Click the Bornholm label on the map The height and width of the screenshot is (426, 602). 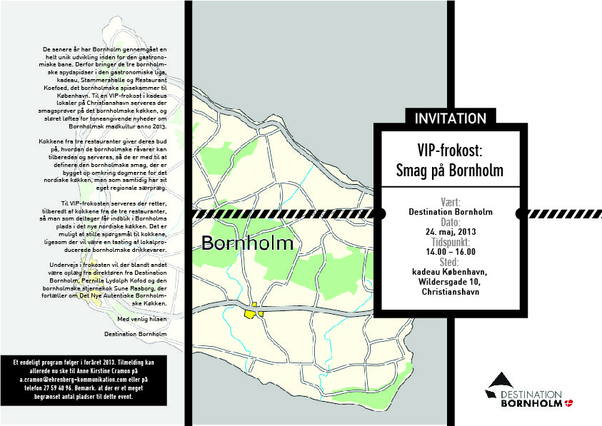pos(247,243)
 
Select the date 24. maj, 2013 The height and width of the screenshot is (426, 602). pos(450,232)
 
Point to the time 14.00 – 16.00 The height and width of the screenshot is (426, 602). pos(450,251)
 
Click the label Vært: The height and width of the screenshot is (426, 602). pos(450,202)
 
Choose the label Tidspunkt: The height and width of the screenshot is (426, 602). pos(450,242)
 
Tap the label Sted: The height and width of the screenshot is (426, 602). pos(450,261)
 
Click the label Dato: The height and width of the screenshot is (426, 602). pos(450,222)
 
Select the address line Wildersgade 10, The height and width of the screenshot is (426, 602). pos(450,281)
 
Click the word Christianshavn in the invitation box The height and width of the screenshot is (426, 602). pos(450,292)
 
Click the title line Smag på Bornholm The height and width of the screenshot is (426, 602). pos(450,171)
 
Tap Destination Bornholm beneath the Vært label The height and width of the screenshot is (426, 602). pos(450,212)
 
